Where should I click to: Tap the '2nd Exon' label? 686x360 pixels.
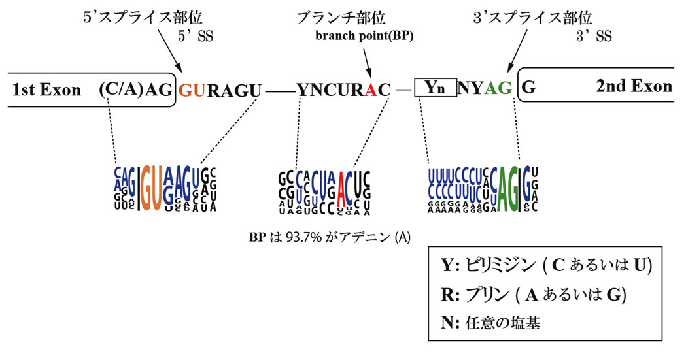[x=634, y=87]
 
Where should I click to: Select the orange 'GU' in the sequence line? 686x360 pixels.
[x=192, y=89]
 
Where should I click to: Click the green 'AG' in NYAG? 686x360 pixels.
[x=498, y=88]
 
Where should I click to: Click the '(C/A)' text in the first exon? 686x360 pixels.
[x=121, y=89]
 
